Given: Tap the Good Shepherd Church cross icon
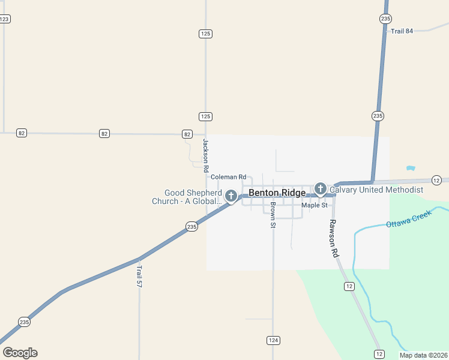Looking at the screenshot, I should (x=231, y=196).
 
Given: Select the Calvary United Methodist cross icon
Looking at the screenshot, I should (x=321, y=189).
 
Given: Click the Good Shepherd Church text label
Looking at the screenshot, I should (x=187, y=197).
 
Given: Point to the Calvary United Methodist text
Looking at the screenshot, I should (x=376, y=190).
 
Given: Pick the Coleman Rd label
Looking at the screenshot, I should (x=228, y=177).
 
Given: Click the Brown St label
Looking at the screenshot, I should (x=273, y=215).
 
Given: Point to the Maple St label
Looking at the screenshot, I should (x=315, y=205).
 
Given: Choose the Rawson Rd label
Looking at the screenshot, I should (x=334, y=238).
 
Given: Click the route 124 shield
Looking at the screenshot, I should (x=273, y=340).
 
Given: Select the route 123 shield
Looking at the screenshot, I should (x=4, y=19).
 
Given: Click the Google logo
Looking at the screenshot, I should (x=20, y=353).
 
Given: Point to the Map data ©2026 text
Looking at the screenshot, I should (x=423, y=355).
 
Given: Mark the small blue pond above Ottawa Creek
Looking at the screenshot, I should (x=411, y=168).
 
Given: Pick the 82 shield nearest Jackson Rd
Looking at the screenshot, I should (x=187, y=134).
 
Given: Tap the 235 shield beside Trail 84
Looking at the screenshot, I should (x=385, y=19).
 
